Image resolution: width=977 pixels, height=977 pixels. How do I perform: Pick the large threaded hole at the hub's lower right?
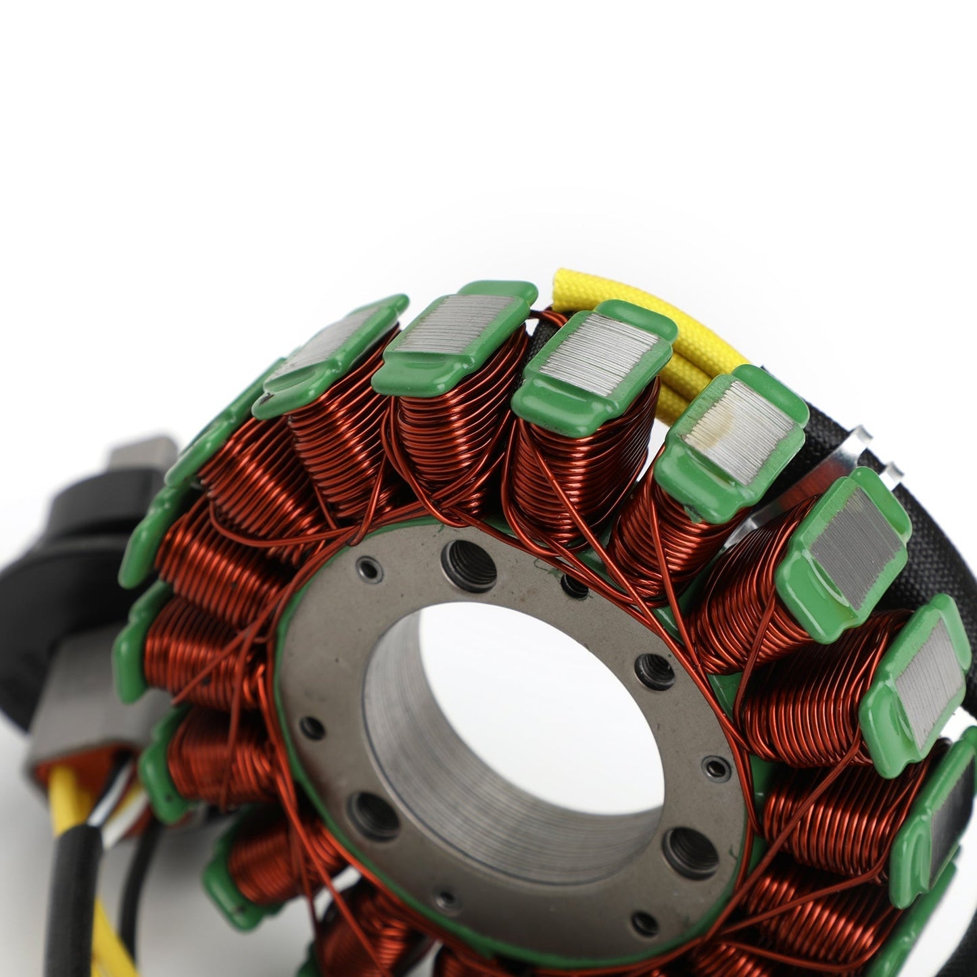[x=690, y=853]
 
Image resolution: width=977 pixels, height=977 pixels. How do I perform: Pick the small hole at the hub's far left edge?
[x=312, y=728]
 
